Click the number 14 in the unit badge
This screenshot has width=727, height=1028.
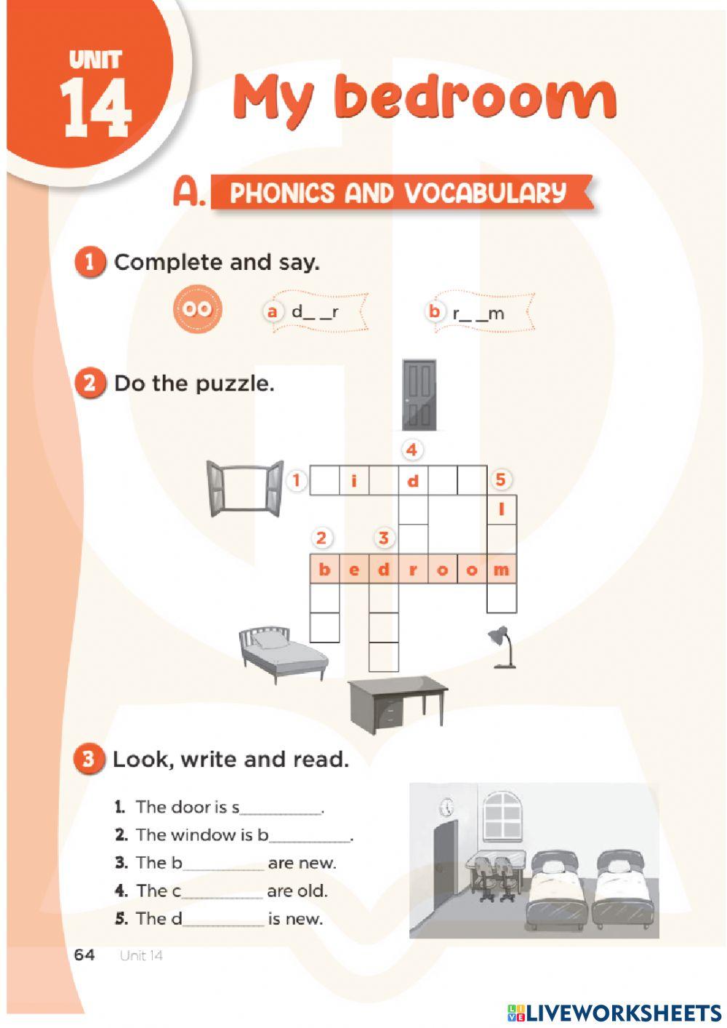(x=96, y=108)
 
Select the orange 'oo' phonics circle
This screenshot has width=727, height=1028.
(x=198, y=309)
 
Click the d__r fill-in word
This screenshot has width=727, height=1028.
(x=315, y=313)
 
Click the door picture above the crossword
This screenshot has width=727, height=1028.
(x=419, y=395)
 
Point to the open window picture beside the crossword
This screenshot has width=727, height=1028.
(x=245, y=489)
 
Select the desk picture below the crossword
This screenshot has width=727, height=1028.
(x=397, y=705)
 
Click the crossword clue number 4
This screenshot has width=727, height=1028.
(x=412, y=450)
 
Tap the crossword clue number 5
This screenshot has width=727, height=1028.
(x=500, y=479)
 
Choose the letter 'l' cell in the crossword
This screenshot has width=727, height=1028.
(x=502, y=509)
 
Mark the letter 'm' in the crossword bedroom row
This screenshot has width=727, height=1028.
(x=502, y=569)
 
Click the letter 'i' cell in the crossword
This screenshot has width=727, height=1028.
(x=353, y=480)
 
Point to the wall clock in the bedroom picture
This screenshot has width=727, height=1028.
(x=446, y=806)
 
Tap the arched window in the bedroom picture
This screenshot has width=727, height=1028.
(x=502, y=813)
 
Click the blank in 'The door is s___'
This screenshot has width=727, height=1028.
(x=281, y=813)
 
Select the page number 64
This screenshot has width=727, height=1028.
(x=84, y=955)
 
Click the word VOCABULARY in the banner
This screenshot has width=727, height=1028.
(x=486, y=193)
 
